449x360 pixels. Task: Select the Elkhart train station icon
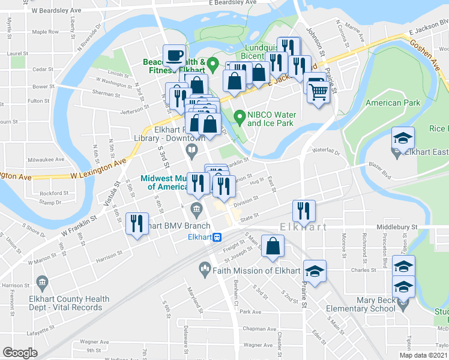point(218,237)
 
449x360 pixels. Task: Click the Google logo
point(20,353)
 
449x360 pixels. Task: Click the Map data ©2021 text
point(423,355)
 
